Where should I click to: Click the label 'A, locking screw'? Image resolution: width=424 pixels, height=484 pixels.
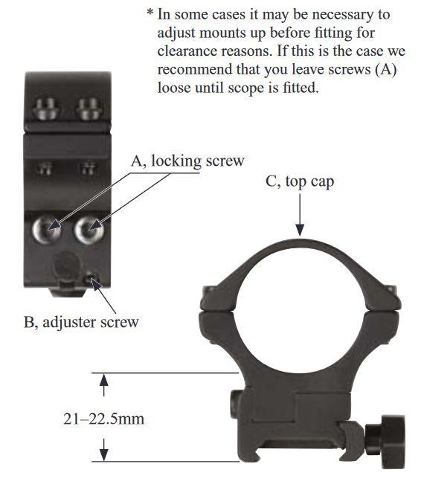click(x=187, y=161)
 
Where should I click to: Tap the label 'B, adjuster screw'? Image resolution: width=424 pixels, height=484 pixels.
click(x=81, y=322)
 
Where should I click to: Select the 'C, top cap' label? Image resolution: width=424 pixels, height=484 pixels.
click(x=300, y=181)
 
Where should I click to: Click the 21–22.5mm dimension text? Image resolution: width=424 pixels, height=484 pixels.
click(x=103, y=419)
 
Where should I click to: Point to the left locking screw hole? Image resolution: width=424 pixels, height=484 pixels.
click(x=47, y=230)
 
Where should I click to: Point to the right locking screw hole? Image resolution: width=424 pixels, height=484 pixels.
click(x=89, y=230)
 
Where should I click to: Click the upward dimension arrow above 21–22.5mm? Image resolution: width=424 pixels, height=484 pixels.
click(x=103, y=385)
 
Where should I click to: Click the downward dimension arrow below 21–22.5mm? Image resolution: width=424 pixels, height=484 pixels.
click(x=104, y=450)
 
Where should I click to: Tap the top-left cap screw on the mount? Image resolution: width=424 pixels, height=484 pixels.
click(x=46, y=109)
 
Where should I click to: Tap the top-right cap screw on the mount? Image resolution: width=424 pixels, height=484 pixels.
click(x=89, y=109)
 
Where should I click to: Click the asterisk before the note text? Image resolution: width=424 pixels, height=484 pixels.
click(x=150, y=13)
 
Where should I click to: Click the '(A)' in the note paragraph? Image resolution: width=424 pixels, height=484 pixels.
click(x=386, y=69)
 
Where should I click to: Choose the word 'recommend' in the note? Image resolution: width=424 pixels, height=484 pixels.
click(x=195, y=69)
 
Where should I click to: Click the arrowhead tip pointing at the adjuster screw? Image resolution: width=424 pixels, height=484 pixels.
click(x=91, y=278)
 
